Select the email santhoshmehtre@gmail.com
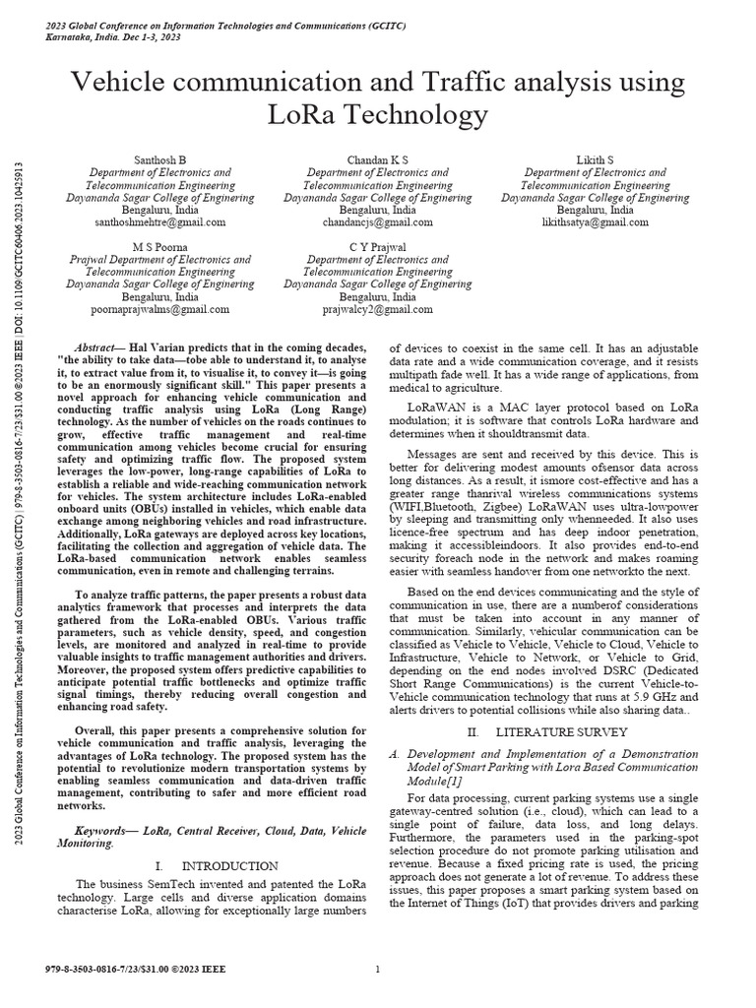[x=173, y=222]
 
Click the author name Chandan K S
[x=378, y=159]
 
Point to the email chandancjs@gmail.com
[x=378, y=222]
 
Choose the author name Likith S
[x=595, y=159]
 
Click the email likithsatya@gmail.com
[x=595, y=222]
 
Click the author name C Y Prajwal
[x=378, y=246]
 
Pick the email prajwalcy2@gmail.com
[x=378, y=309]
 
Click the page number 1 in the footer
[x=378, y=970]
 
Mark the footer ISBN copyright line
[x=136, y=970]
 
